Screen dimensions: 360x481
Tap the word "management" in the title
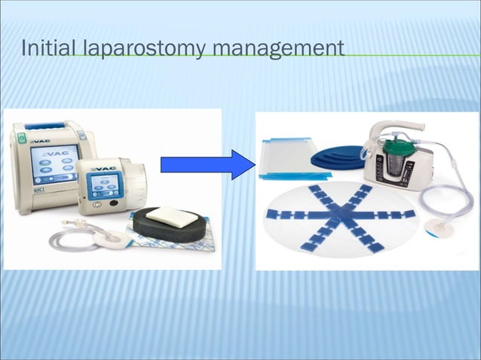tap(277, 50)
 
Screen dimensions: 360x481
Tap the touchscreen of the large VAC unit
tap(52, 163)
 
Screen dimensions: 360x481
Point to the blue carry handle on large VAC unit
tap(45, 125)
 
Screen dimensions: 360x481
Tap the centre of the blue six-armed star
tap(341, 217)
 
